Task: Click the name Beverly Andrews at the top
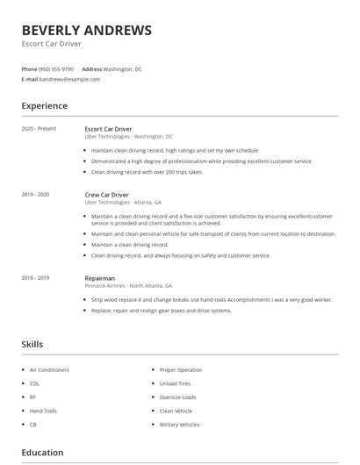[86, 30]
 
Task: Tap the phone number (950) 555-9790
[57, 68]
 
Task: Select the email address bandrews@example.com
[70, 79]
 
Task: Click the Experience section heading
[45, 106]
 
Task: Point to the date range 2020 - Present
[39, 129]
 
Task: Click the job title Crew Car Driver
[107, 194]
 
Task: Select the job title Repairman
[99, 277]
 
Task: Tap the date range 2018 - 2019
[35, 277]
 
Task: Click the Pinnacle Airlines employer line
[128, 286]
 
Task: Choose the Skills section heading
[32, 345]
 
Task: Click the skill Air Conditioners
[49, 370]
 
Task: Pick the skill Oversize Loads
[177, 397]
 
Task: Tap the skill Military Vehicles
[179, 424]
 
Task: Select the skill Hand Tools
[43, 411]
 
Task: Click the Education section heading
[42, 453]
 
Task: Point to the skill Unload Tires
[175, 383]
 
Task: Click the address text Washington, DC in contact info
[122, 68]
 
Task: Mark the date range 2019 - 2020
[35, 194]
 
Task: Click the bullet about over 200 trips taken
[147, 172]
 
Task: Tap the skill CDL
[34, 383]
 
